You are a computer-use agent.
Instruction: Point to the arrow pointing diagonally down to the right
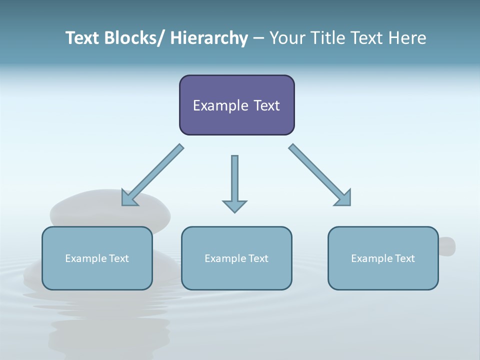tap(320, 175)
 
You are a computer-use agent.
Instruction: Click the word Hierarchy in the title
tap(209, 38)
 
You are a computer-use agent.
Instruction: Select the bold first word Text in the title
tap(82, 38)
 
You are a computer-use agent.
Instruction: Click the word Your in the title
tap(287, 38)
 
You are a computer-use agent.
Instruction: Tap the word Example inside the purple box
tap(220, 105)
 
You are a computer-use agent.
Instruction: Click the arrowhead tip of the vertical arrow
tap(234, 211)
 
